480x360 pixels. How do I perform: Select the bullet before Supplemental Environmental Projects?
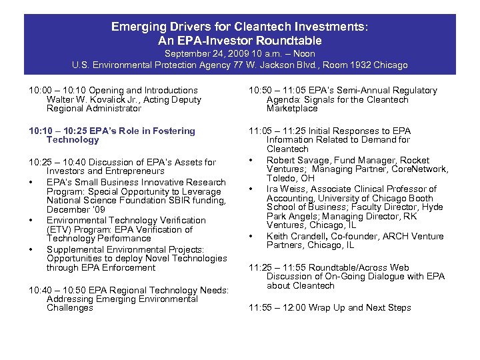pyautogui.click(x=32, y=250)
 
